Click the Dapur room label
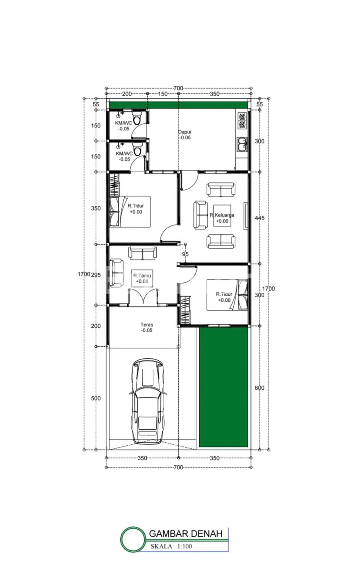(185, 132)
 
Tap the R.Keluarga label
(222, 215)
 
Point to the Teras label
(147, 325)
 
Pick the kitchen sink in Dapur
(242, 145)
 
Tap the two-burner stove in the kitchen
(242, 121)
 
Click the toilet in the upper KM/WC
(137, 118)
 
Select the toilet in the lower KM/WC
(137, 149)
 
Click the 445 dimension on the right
(260, 218)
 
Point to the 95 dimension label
(185, 254)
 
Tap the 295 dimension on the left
(96, 275)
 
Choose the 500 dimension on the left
(96, 398)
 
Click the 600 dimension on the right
(259, 388)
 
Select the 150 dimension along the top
(163, 94)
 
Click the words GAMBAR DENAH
(186, 533)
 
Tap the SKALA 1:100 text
(171, 546)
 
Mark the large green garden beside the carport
(223, 387)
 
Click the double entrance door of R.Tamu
(143, 297)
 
